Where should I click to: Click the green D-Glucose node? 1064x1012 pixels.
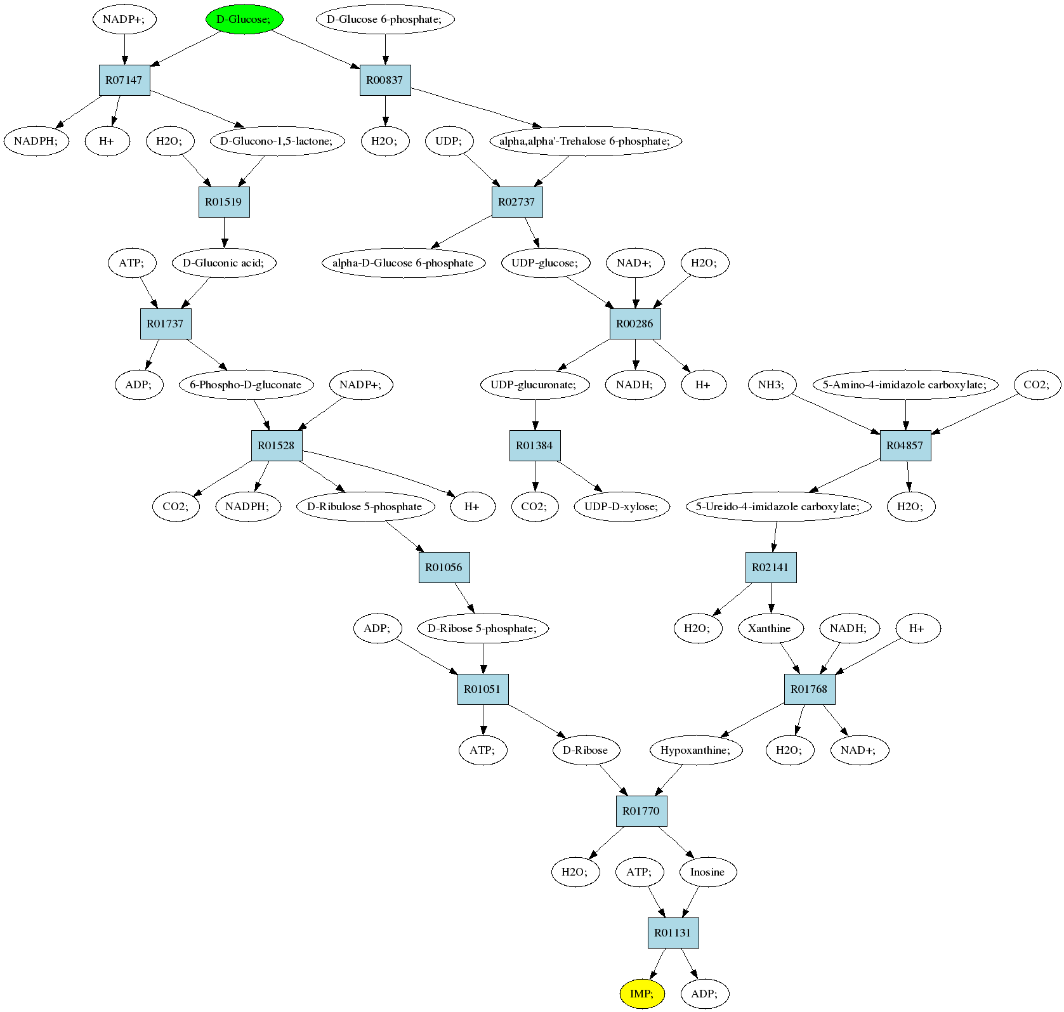point(244,19)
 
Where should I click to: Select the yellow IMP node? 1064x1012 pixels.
point(641,993)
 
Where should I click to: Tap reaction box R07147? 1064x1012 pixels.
point(124,80)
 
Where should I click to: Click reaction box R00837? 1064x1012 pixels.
point(385,80)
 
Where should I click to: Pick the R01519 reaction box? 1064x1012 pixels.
point(224,202)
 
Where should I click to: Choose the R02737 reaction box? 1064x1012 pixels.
point(517,202)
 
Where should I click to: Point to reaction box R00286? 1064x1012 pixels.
point(635,324)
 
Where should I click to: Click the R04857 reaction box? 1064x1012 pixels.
point(905,445)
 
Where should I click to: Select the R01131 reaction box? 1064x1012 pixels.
point(673,933)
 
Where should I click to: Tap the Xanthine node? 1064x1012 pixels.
point(770,628)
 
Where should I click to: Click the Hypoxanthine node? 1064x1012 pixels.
point(696,750)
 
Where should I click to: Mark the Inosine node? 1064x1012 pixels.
point(707,872)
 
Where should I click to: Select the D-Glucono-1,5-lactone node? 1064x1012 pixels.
point(277,141)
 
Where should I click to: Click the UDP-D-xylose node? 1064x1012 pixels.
point(622,506)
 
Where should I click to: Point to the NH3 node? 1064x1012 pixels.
point(772,384)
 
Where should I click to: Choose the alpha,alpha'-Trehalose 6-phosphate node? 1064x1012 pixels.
point(585,141)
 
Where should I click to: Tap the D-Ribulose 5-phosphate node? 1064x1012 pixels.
point(365,506)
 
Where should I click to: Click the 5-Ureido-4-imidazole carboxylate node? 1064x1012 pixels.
point(778,506)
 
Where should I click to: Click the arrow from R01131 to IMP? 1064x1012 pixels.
point(658,964)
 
